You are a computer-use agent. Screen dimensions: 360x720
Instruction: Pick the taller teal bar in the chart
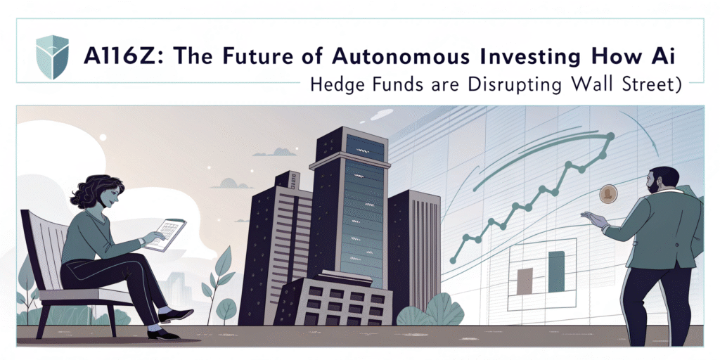[x=556, y=273]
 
